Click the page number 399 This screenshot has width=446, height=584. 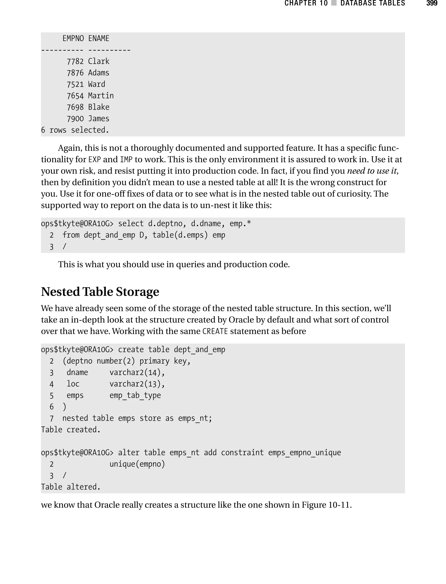pyautogui.click(x=431, y=3)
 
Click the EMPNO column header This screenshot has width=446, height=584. pyautogui.click(x=73, y=39)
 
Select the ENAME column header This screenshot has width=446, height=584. pyautogui.click(x=98, y=39)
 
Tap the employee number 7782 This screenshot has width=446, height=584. pyautogui.click(x=75, y=61)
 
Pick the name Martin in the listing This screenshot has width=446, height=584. pyautogui.click(x=101, y=96)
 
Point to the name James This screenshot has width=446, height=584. pyautogui.click(x=98, y=119)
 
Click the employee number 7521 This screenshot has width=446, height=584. pyautogui.click(x=75, y=84)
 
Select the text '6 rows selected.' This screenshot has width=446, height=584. pyautogui.click(x=75, y=130)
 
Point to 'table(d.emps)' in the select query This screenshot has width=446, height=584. pyautogui.click(x=180, y=235)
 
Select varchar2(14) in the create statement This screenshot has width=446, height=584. pyautogui.click(x=137, y=372)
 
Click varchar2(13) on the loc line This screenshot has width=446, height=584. pyautogui.click(x=137, y=384)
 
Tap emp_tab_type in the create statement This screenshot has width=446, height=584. pyautogui.click(x=135, y=396)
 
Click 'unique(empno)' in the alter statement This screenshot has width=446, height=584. pyautogui.click(x=137, y=464)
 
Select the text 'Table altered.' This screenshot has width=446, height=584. pyautogui.click(x=71, y=487)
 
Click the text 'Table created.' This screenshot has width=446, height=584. pyautogui.click(x=71, y=430)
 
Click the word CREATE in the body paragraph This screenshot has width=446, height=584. pyautogui.click(x=215, y=331)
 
